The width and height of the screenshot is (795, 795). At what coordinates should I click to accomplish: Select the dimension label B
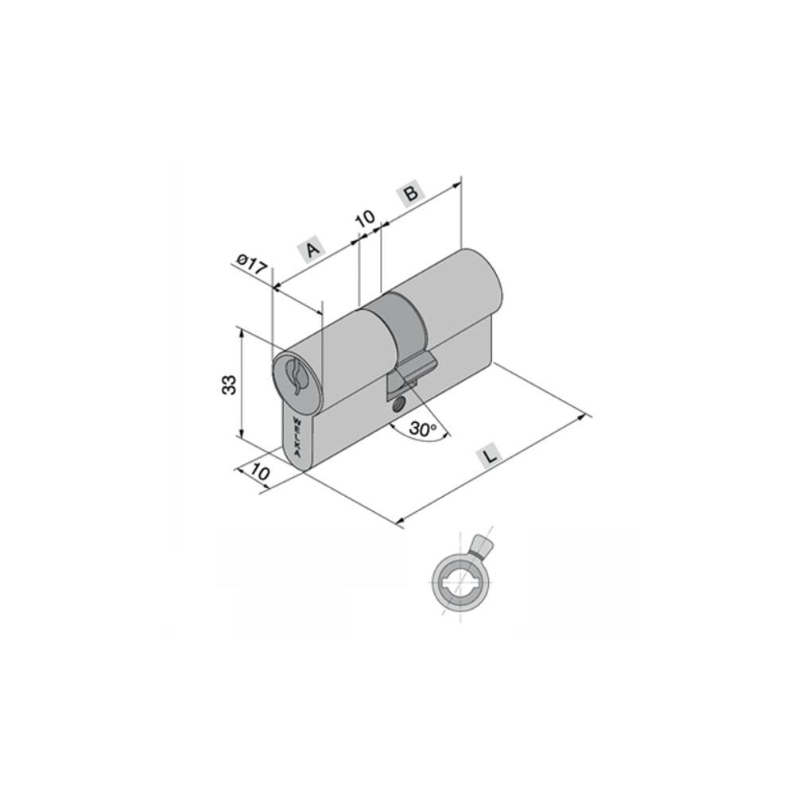(412, 194)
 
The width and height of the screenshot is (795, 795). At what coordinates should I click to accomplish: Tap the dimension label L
(490, 456)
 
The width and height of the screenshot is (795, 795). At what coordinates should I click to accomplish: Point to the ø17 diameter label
(252, 264)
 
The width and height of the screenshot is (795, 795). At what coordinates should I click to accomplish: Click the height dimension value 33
(229, 384)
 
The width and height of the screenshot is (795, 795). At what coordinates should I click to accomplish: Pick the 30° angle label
(423, 429)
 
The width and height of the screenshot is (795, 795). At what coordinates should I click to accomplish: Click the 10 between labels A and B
(365, 219)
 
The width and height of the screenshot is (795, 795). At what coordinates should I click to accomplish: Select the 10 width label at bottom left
(260, 472)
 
